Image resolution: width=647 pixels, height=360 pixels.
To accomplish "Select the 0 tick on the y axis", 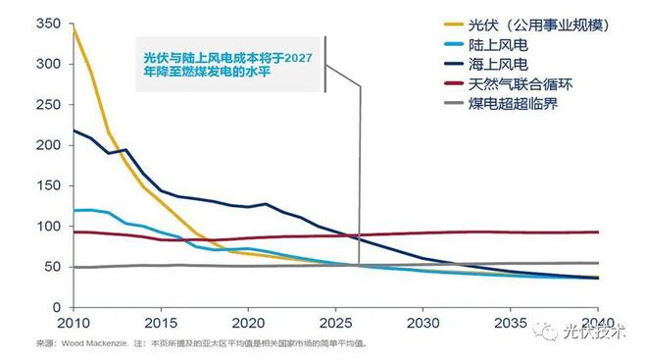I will pyautogui.click(x=56, y=308).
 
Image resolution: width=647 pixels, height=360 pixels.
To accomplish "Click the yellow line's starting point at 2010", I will pyautogui.click(x=74, y=30).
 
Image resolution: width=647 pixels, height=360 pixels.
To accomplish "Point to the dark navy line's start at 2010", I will pyautogui.click(x=74, y=129).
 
